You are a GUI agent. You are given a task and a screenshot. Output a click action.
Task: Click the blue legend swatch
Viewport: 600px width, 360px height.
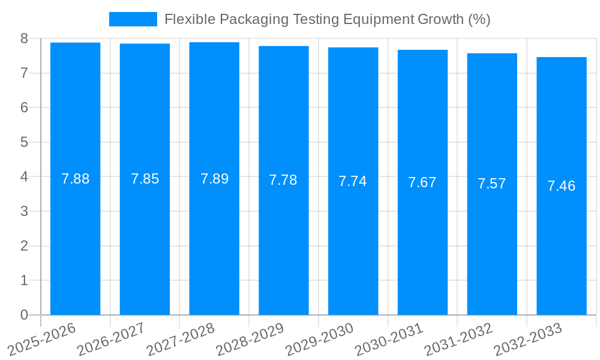[133, 19]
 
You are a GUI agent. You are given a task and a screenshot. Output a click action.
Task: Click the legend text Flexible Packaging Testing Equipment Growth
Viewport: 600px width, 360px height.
[327, 19]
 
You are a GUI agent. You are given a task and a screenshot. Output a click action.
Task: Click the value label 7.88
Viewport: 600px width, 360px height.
[76, 179]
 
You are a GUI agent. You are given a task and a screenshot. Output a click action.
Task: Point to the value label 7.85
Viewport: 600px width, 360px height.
[145, 179]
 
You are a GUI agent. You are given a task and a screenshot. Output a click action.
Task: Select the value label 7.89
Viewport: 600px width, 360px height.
[214, 179]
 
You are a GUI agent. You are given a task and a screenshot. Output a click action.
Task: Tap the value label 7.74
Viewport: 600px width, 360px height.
[353, 181]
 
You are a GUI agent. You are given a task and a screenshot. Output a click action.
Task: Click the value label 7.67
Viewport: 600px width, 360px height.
[422, 182]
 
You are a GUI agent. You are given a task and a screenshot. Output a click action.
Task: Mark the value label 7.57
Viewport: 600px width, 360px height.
[492, 184]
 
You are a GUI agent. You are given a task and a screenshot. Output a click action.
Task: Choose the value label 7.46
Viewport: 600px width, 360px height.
[562, 186]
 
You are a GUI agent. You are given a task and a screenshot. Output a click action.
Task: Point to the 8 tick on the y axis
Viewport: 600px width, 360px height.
[24, 39]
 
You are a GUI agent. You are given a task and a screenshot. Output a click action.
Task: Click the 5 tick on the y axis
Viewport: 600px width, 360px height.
[24, 143]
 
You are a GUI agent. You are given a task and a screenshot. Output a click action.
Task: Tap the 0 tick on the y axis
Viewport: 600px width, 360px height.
[24, 315]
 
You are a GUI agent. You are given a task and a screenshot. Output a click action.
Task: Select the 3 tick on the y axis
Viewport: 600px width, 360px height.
[24, 212]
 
